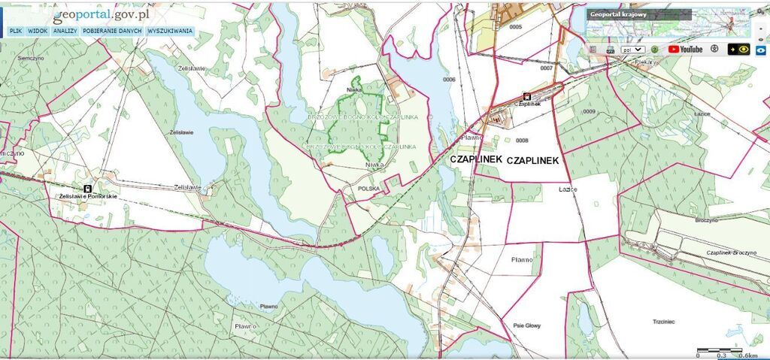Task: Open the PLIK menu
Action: tap(15, 32)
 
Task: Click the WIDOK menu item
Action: tap(38, 32)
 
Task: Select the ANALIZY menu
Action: tap(65, 32)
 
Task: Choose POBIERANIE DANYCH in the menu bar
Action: tap(113, 32)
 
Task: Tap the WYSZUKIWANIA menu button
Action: tap(170, 32)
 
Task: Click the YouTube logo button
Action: tap(685, 50)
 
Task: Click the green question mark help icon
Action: tap(654, 50)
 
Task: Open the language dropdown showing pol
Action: tap(632, 50)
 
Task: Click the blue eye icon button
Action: tap(762, 50)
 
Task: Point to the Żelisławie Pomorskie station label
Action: tap(87, 196)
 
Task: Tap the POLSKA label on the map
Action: tap(369, 188)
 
